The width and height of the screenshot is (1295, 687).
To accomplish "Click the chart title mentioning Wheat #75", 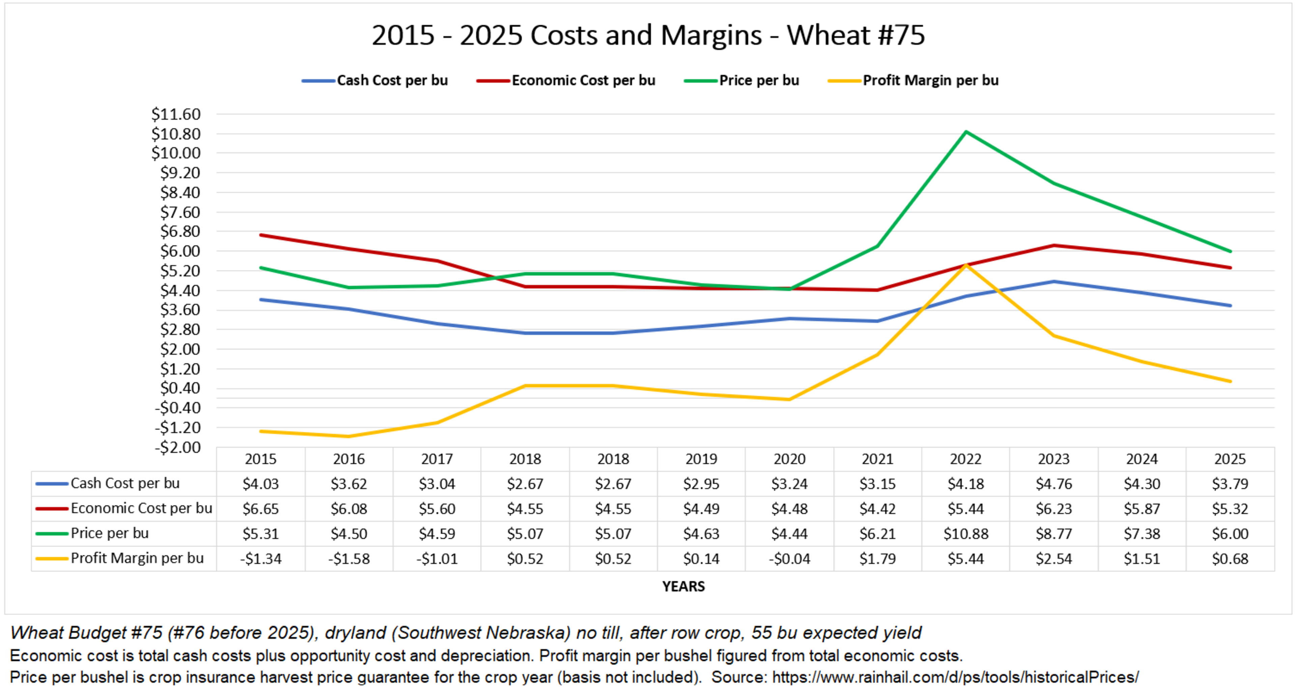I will (647, 35).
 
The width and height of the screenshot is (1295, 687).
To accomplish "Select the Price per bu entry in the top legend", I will (758, 81).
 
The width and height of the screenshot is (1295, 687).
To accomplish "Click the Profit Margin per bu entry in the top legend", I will (930, 81).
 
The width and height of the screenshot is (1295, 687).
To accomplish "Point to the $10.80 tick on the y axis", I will (176, 134).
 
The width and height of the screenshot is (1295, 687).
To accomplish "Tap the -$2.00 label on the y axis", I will (177, 447).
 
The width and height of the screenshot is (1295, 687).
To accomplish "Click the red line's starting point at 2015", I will (260, 235).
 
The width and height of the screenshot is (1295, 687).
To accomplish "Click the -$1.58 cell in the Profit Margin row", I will (349, 559).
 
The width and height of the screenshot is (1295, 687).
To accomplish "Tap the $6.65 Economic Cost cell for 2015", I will (260, 509).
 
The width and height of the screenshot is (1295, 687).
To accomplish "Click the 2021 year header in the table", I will (877, 459).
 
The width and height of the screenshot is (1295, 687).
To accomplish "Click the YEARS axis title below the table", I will (683, 586).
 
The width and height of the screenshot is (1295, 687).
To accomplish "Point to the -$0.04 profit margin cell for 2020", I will (789, 559).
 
